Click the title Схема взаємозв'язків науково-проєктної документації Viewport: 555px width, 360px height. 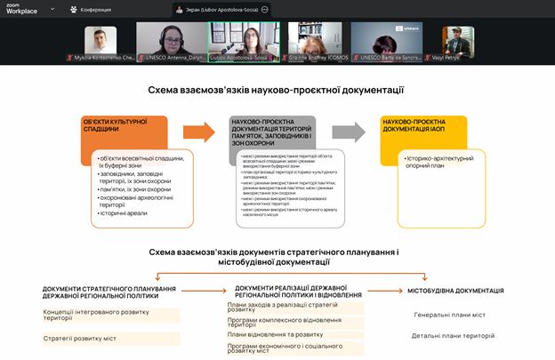coord(277,90)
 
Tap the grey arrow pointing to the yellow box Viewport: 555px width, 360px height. coord(349,132)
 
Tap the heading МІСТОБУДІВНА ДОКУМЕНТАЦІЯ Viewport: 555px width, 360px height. coord(455,291)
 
